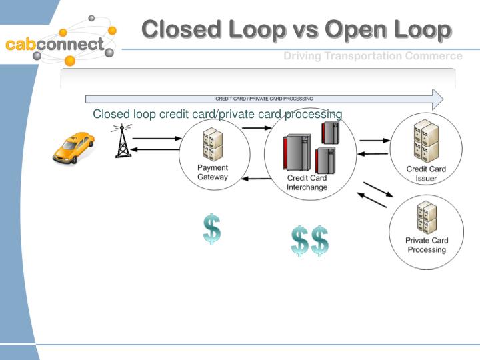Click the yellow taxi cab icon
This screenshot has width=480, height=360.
pyautogui.click(x=73, y=147)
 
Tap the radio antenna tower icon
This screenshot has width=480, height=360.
pyautogui.click(x=122, y=141)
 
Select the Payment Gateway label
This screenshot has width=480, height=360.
pyautogui.click(x=213, y=173)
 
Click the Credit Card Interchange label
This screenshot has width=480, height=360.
pyautogui.click(x=307, y=183)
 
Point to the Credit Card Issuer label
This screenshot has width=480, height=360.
pyautogui.click(x=426, y=174)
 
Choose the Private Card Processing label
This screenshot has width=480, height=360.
pyautogui.click(x=427, y=245)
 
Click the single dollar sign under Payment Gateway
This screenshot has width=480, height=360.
pyautogui.click(x=212, y=229)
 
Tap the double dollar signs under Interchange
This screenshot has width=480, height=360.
pyautogui.click(x=310, y=241)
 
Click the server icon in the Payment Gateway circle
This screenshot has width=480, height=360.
pyautogui.click(x=213, y=145)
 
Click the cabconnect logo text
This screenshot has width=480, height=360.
pyautogui.click(x=55, y=45)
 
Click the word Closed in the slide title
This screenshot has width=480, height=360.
pyautogui.click(x=180, y=29)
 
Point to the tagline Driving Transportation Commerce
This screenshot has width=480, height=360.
pyautogui.click(x=373, y=56)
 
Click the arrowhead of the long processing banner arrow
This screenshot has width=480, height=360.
pyautogui.click(x=437, y=99)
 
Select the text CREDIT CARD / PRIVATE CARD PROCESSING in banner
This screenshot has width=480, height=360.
pyautogui.click(x=264, y=99)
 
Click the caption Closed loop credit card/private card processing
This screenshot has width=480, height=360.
pyautogui.click(x=217, y=114)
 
